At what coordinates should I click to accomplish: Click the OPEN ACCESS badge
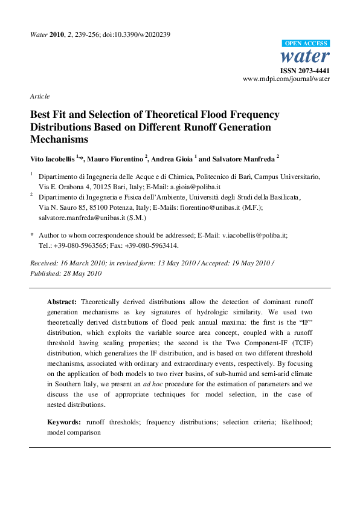click(306, 44)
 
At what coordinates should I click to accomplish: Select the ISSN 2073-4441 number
click(309, 71)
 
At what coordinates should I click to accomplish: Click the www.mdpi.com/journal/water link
click(286, 79)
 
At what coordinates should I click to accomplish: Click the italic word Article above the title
click(40, 96)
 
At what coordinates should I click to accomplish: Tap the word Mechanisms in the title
click(59, 139)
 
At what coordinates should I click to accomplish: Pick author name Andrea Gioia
click(171, 158)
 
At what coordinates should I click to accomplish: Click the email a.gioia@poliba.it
click(194, 187)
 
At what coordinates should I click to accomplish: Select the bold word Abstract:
click(62, 301)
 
